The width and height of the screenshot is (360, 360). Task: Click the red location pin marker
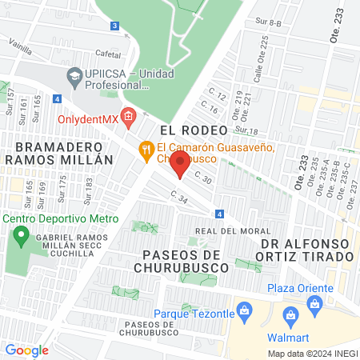click(x=180, y=165)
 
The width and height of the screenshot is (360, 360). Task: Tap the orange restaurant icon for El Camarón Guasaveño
click(x=146, y=148)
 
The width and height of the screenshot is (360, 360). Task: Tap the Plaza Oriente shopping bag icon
click(x=314, y=305)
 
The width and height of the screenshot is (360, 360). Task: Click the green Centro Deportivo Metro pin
click(x=20, y=237)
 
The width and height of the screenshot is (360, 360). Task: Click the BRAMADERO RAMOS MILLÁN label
click(x=54, y=153)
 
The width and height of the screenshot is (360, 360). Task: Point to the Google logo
click(x=26, y=350)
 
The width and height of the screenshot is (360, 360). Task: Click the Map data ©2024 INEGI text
click(x=312, y=353)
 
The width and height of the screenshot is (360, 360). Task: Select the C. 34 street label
click(x=178, y=197)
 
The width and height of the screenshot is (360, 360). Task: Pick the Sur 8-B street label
click(x=269, y=23)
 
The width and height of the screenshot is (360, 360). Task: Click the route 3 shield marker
click(x=115, y=26)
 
